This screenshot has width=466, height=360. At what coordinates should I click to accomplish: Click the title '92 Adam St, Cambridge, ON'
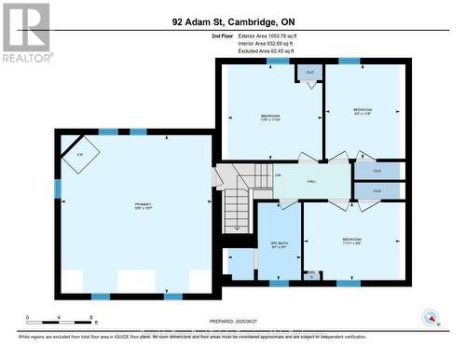click(x=232, y=21)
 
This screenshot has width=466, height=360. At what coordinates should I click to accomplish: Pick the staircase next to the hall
click(x=239, y=196)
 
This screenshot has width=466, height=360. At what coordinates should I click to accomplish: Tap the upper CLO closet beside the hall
click(x=377, y=171)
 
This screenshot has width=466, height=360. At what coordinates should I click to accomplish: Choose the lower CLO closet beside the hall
click(x=377, y=190)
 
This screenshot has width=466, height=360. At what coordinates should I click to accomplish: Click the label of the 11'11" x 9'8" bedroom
click(x=351, y=242)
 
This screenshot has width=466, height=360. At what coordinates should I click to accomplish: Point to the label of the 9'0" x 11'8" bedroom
click(x=363, y=111)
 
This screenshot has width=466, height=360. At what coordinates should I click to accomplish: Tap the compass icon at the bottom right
click(x=430, y=318)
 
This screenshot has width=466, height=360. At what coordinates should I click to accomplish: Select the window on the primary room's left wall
click(x=58, y=189)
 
